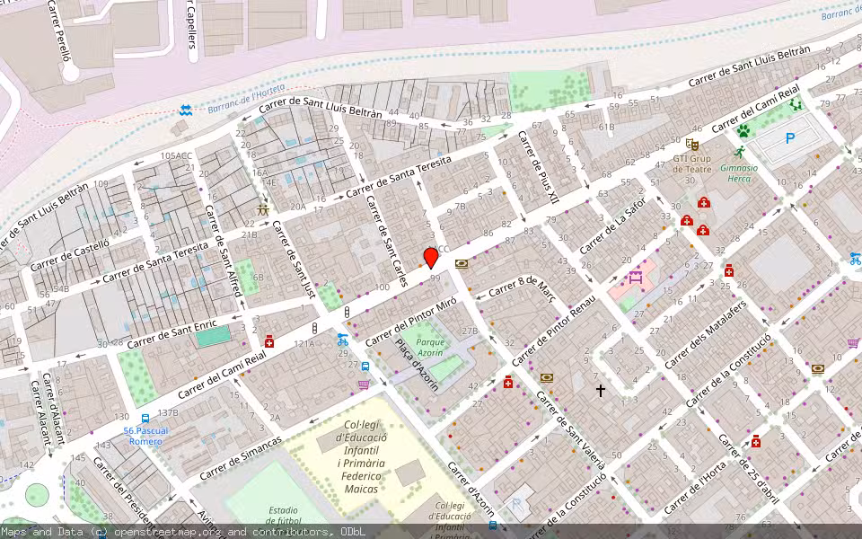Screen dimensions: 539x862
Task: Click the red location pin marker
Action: pyautogui.click(x=431, y=258)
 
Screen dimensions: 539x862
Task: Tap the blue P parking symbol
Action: pyautogui.click(x=790, y=138)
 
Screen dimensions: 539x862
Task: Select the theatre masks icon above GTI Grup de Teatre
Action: pyautogui.click(x=691, y=144)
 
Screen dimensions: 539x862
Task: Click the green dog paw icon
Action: pyautogui.click(x=743, y=131)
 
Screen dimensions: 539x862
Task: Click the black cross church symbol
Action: pyautogui.click(x=601, y=391)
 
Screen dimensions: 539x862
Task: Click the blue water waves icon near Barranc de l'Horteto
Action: pyautogui.click(x=185, y=110)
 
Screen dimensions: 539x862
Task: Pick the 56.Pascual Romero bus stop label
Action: pyautogui.click(x=145, y=436)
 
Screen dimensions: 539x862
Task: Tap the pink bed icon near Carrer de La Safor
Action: pyautogui.click(x=636, y=278)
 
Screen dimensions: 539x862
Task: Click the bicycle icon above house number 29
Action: pyautogui.click(x=342, y=340)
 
